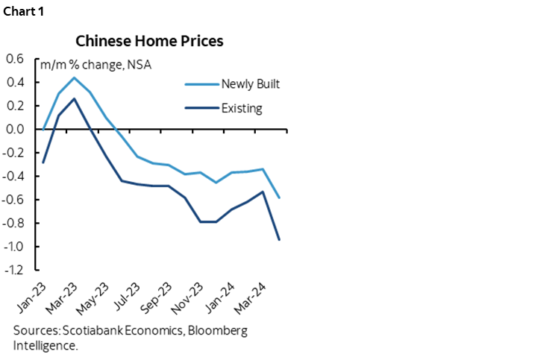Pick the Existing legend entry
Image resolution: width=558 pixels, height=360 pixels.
[x=241, y=108]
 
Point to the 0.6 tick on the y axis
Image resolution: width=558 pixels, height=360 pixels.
[x=15, y=59]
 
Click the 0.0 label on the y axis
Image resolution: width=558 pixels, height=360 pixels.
[x=15, y=129]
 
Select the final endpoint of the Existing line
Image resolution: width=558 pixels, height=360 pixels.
[x=279, y=239]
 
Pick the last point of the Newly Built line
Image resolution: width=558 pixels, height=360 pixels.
[x=279, y=198]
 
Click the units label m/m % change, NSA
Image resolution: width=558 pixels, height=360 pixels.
[x=92, y=64]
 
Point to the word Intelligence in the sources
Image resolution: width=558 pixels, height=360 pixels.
[x=44, y=345]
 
